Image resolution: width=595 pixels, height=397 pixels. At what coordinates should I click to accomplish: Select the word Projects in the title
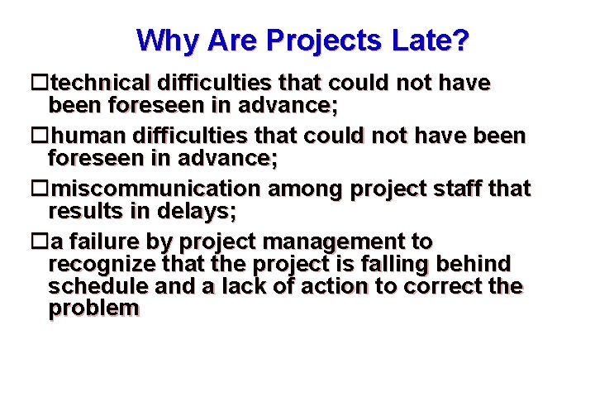click(309, 40)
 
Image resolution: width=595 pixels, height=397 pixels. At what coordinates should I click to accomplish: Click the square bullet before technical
click(38, 84)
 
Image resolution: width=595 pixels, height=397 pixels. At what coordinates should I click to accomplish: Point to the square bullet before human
click(38, 136)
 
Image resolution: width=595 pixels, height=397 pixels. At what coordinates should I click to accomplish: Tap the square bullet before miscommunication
click(38, 189)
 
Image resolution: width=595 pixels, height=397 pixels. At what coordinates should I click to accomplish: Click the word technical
click(98, 84)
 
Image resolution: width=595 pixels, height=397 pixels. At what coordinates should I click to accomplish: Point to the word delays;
click(198, 211)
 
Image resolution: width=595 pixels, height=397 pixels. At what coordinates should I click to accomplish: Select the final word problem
click(93, 309)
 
